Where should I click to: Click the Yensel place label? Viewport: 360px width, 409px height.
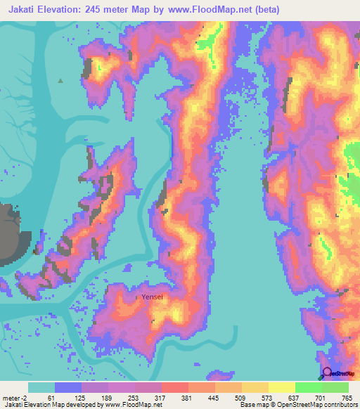click(152, 297)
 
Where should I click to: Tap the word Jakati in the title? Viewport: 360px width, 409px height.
click(22, 9)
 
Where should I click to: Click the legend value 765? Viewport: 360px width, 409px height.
click(347, 397)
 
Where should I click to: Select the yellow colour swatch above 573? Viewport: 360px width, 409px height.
click(255, 387)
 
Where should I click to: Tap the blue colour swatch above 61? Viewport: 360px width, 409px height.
click(68, 387)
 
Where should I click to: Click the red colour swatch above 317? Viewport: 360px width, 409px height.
click(174, 387)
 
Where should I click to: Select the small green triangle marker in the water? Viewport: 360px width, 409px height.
click(60, 81)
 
